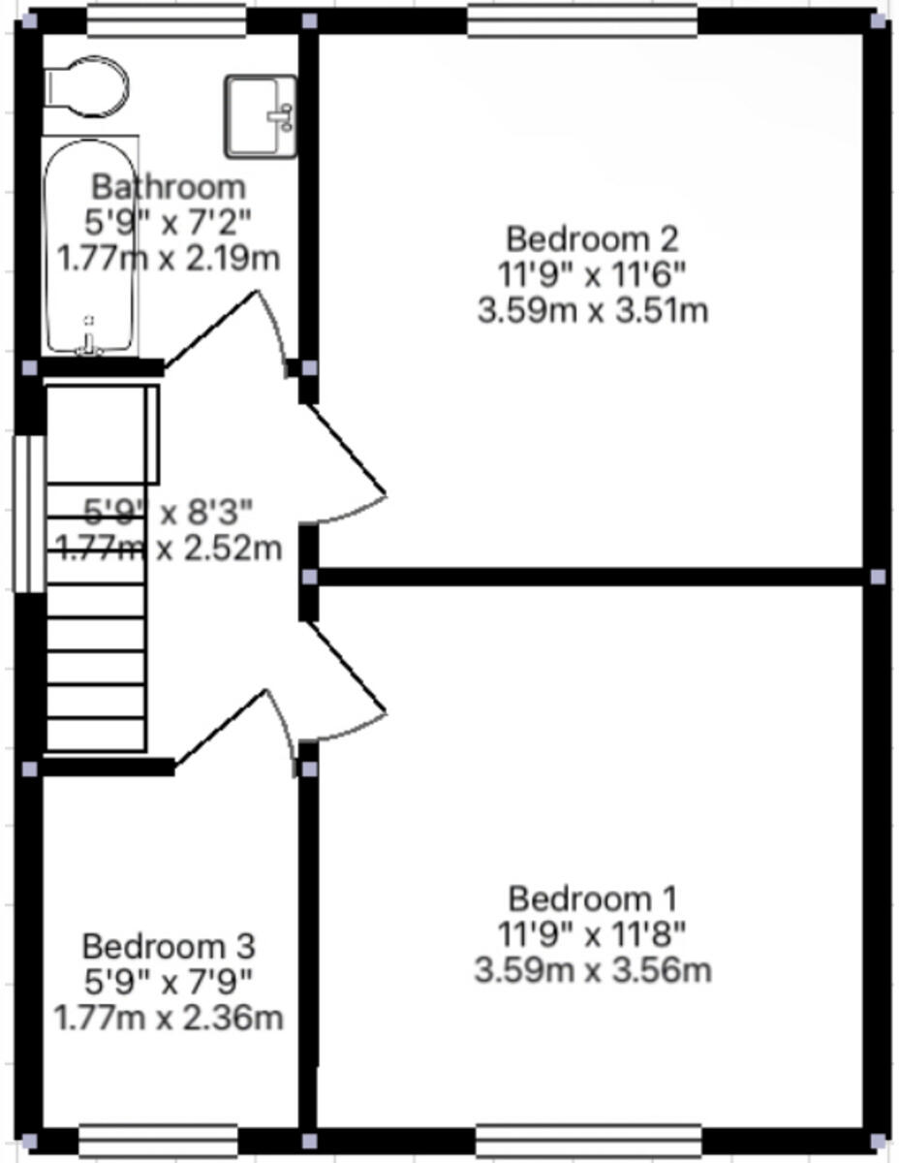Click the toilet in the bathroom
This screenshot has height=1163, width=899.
coord(88,85)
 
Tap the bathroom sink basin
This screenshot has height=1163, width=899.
coord(260,115)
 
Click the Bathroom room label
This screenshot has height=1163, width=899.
coord(168,185)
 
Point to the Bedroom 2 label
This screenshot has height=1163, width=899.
coord(592,237)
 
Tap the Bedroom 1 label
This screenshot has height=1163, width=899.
coord(592,897)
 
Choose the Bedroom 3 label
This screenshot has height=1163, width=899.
coord(168,944)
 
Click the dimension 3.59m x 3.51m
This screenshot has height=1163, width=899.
coord(592,311)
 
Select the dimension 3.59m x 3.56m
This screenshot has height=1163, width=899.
coord(592,970)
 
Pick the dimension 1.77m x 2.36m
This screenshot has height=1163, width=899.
coord(168,1019)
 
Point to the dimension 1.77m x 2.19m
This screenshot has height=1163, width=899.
coord(168,260)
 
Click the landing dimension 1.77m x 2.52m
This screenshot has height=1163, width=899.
coord(170,549)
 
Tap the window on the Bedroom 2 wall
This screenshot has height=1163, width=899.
coord(582,20)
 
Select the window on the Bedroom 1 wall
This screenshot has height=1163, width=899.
coord(588,1140)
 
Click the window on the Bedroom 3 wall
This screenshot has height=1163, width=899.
coord(158,1140)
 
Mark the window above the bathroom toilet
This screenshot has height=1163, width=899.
coord(166,20)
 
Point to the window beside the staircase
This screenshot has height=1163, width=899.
coord(27,513)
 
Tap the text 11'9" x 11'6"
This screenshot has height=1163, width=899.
coord(592,274)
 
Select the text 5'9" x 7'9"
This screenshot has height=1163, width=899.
coord(168,982)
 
